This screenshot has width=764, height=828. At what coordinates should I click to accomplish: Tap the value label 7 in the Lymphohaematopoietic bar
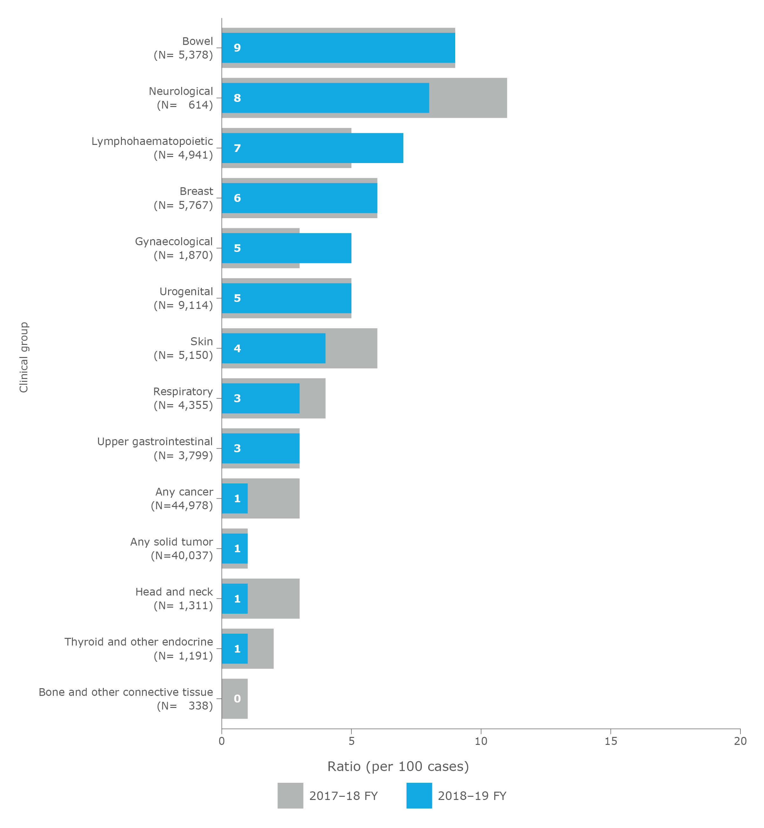pyautogui.click(x=237, y=148)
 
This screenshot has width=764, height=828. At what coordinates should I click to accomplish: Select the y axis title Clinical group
pyautogui.click(x=24, y=357)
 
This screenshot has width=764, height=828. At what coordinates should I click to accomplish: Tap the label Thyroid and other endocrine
pyautogui.click(x=138, y=642)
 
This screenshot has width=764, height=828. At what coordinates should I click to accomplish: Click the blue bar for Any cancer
pyautogui.click(x=234, y=498)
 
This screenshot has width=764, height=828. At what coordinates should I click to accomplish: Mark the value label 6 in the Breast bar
pyautogui.click(x=237, y=198)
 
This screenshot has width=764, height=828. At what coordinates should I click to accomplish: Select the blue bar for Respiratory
pyautogui.click(x=260, y=398)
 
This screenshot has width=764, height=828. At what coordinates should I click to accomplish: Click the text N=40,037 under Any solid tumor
pyautogui.click(x=182, y=555)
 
